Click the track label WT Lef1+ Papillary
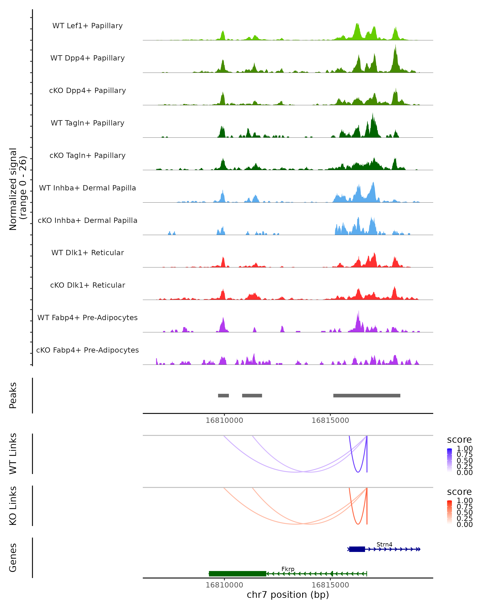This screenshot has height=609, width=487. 87,26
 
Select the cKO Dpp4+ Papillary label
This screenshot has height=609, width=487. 87,90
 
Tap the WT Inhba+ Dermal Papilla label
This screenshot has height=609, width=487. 87,188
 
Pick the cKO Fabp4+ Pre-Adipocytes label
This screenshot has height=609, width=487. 87,350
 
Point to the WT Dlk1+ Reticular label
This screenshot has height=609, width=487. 87,253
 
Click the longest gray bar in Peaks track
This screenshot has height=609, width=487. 367,395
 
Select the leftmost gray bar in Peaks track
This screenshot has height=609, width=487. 223,395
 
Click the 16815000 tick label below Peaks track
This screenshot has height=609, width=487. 330,420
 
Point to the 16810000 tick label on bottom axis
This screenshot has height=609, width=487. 224,585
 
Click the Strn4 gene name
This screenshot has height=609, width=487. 384,544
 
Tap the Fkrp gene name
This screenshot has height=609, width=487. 288,569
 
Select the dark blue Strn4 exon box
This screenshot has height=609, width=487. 357,549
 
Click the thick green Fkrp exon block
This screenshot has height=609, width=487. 237,574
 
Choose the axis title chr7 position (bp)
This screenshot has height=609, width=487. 288,595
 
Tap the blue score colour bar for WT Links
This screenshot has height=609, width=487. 449,460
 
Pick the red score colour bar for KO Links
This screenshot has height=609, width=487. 449,512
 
